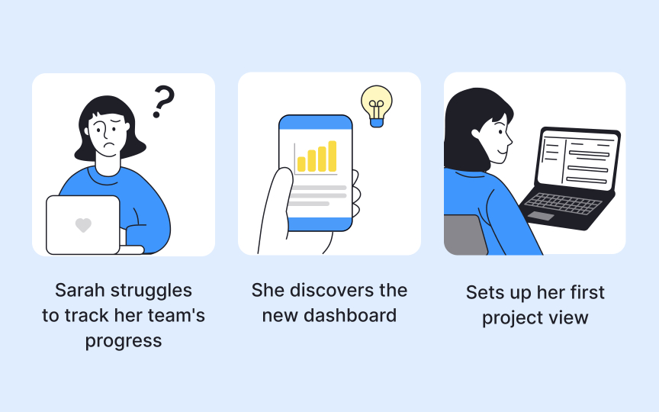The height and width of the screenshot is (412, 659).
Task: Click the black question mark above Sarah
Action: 162,101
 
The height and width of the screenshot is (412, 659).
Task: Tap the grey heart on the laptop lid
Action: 83,225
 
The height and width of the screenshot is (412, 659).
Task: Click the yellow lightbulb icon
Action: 376,104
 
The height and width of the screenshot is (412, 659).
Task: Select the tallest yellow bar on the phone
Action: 333,156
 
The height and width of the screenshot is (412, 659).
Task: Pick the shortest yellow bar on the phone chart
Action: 301,164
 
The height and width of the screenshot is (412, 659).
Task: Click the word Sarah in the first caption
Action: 80,291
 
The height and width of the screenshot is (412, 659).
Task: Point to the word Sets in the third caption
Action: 483,293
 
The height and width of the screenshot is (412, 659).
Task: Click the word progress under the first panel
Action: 124,340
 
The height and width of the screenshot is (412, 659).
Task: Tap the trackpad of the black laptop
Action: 541,216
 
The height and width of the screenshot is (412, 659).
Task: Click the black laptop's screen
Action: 577,159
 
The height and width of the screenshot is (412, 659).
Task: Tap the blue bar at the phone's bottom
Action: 315,224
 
